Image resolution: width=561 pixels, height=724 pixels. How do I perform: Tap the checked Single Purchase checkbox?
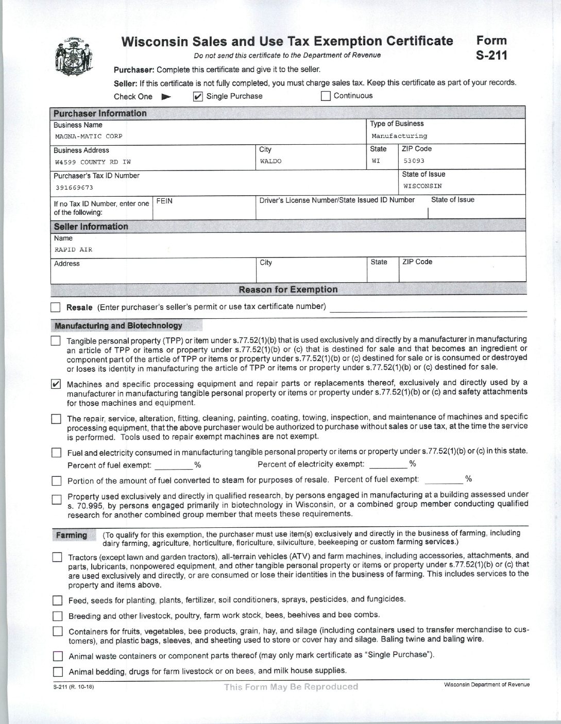(x=197, y=96)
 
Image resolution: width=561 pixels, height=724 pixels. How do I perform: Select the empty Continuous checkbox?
(x=326, y=96)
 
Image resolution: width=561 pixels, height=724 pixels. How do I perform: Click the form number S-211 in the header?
(x=491, y=47)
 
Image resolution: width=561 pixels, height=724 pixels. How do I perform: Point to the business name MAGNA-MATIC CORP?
(x=88, y=136)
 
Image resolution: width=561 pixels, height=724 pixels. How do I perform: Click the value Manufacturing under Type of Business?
(x=399, y=136)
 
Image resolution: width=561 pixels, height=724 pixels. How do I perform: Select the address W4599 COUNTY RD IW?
(x=93, y=162)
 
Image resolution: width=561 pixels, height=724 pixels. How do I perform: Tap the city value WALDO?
(x=270, y=161)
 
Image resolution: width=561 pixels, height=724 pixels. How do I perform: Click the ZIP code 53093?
(x=414, y=161)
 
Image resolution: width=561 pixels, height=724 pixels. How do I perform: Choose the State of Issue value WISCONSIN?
(x=422, y=186)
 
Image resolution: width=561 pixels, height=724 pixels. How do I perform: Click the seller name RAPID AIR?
(x=73, y=250)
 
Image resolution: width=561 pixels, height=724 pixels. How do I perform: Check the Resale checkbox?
(x=56, y=308)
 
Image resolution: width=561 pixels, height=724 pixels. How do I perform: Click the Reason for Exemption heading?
(x=288, y=289)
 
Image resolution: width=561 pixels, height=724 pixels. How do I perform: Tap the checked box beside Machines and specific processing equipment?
(x=57, y=384)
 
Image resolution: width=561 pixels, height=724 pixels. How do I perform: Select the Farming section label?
(x=71, y=535)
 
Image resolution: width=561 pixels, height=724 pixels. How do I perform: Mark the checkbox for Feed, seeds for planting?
(x=57, y=600)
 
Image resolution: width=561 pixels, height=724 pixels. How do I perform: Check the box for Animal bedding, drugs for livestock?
(x=58, y=671)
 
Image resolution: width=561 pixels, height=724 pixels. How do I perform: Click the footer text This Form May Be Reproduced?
(x=291, y=686)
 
